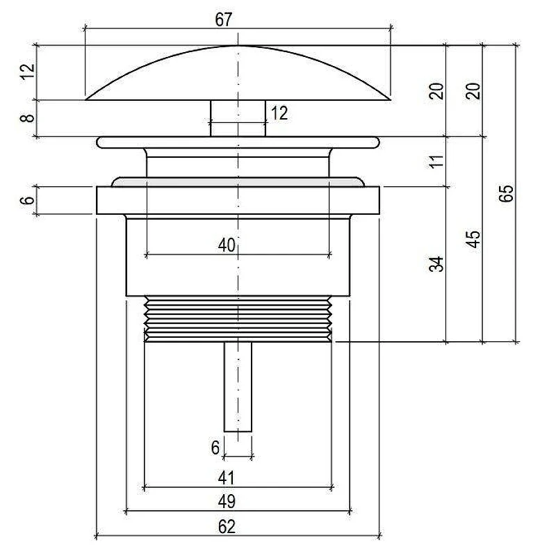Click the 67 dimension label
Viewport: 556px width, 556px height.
(223, 19)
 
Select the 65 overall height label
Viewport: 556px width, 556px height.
(506, 193)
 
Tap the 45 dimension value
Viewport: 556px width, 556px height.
(473, 239)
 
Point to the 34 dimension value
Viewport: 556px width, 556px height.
(436, 264)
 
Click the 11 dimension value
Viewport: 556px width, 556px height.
(436, 161)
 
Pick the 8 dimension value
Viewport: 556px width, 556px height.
(27, 117)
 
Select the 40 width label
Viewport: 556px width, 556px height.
(227, 245)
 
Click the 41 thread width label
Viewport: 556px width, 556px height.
(227, 477)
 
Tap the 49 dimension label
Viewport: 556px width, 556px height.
(227, 501)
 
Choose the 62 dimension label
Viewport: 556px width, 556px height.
(227, 527)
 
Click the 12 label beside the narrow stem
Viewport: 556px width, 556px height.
(279, 113)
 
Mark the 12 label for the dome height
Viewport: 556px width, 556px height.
(27, 72)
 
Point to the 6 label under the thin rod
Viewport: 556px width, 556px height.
(215, 448)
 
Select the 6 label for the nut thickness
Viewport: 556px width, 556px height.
(27, 199)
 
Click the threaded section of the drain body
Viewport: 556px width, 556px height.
(238, 318)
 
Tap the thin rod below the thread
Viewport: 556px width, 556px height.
(238, 387)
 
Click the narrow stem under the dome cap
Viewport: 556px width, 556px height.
(238, 118)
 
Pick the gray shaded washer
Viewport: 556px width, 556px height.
(238, 182)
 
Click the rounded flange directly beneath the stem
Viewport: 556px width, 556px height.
(238, 142)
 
